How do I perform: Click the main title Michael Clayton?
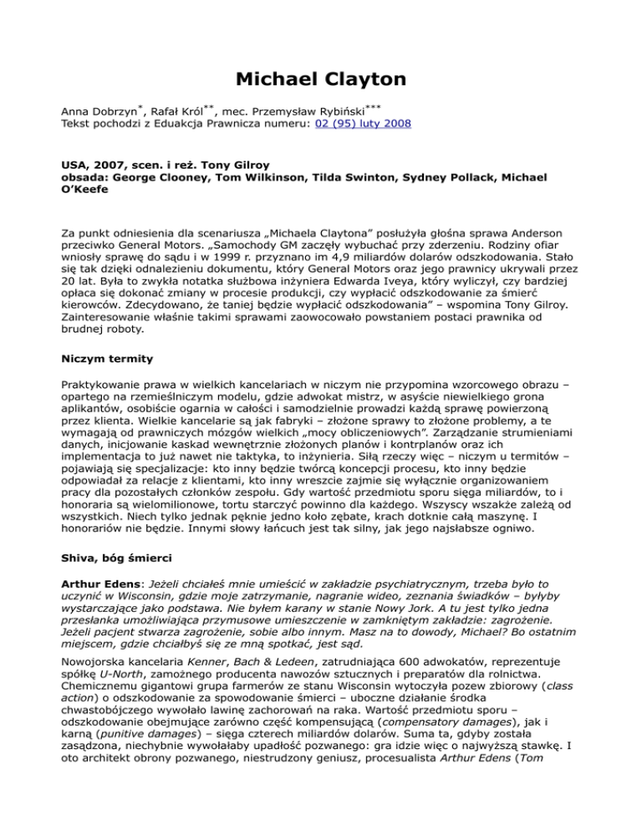click(320, 79)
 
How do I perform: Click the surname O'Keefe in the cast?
click(94, 191)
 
